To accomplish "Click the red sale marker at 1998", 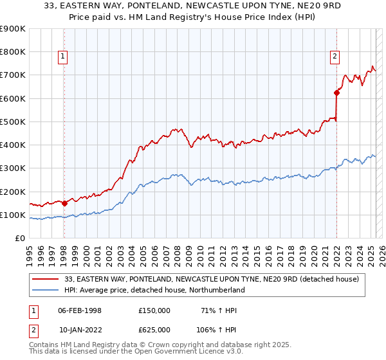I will (64, 203).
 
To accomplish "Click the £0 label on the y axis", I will (19, 238).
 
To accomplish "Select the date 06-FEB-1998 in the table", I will (79, 310).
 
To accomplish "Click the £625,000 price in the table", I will (154, 329).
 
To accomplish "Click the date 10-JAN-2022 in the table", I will (79, 329).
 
